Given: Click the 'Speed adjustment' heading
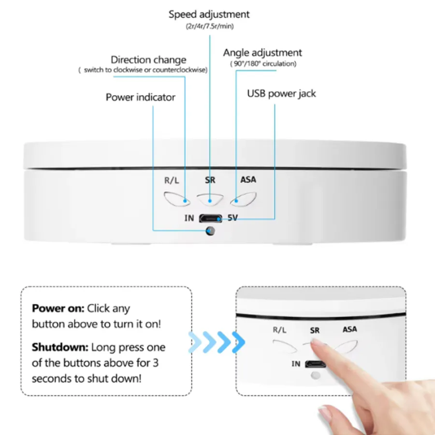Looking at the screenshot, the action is pyautogui.click(x=209, y=14).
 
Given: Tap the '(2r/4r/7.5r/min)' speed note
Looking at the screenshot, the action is pyautogui.click(x=210, y=27).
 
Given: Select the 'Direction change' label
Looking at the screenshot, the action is pyautogui.click(x=148, y=59).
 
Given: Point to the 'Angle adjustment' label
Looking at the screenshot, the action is pyautogui.click(x=262, y=53).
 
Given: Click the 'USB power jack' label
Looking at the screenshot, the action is pyautogui.click(x=281, y=94).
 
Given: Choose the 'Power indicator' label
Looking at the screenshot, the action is pyautogui.click(x=140, y=97).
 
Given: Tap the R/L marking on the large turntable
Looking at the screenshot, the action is pyautogui.click(x=172, y=180).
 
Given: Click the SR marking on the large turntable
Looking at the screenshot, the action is pyautogui.click(x=210, y=180).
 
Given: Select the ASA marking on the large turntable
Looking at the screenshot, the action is pyautogui.click(x=248, y=180).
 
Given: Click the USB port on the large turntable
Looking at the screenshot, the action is pyautogui.click(x=211, y=218).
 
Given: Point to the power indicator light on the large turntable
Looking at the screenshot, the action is pyautogui.click(x=210, y=231).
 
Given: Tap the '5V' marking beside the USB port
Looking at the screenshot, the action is pyautogui.click(x=232, y=218).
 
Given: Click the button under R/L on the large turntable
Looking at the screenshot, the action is pyautogui.click(x=177, y=199).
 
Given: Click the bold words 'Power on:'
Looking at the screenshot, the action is pyautogui.click(x=58, y=308).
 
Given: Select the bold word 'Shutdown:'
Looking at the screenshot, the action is pyautogui.click(x=60, y=348).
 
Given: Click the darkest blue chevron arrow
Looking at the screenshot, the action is pyautogui.click(x=239, y=342).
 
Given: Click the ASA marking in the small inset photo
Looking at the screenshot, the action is pyautogui.click(x=349, y=330).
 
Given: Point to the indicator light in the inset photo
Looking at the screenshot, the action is pyautogui.click(x=316, y=376).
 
